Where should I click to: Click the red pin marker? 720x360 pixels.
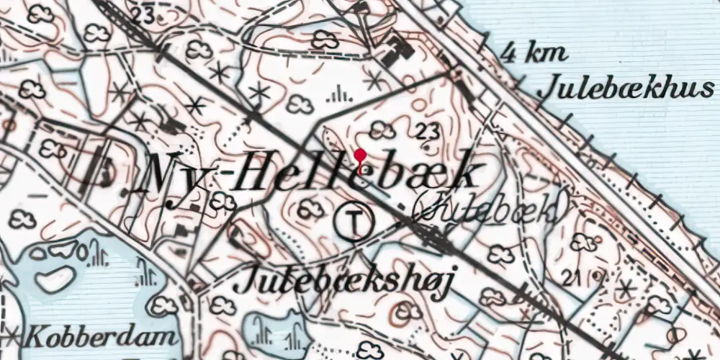click(359, 156)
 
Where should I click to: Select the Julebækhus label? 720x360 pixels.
click(626, 89)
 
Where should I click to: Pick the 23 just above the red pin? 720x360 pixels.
click(427, 130)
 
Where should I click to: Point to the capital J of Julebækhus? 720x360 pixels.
click(547, 89)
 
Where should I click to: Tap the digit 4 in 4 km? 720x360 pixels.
click(509, 53)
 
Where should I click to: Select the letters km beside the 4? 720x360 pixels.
click(547, 54)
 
